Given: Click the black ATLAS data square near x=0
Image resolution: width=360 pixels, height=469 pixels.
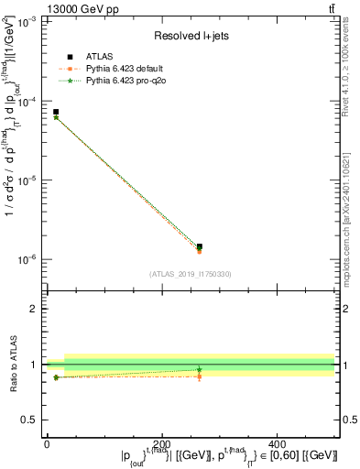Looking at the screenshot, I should click(x=56, y=112).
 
